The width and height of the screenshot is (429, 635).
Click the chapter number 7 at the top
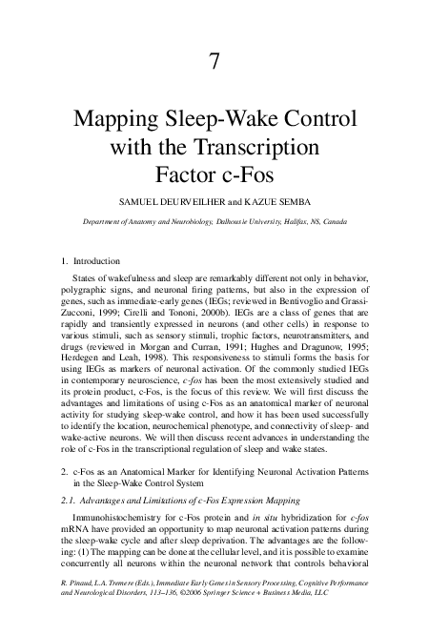(214, 63)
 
